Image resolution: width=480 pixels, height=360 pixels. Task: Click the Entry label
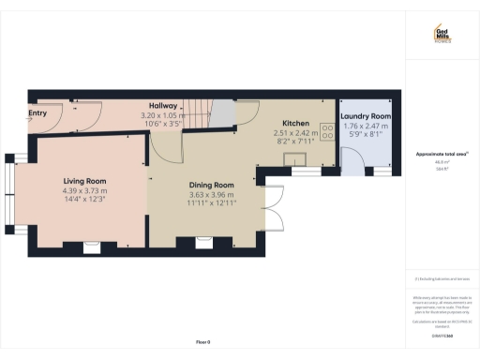pyautogui.click(x=37, y=114)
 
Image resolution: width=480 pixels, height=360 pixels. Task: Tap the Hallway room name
pyautogui.click(x=163, y=106)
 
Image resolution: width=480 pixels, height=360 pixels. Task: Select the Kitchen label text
pyautogui.click(x=297, y=124)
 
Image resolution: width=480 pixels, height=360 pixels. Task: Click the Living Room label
pyautogui.click(x=85, y=181)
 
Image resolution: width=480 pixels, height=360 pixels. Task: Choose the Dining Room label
pyautogui.click(x=210, y=186)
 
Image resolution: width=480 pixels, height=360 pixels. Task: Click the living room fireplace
pyautogui.click(x=92, y=247)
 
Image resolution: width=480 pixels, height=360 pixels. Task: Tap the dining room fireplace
pyautogui.click(x=203, y=244)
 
